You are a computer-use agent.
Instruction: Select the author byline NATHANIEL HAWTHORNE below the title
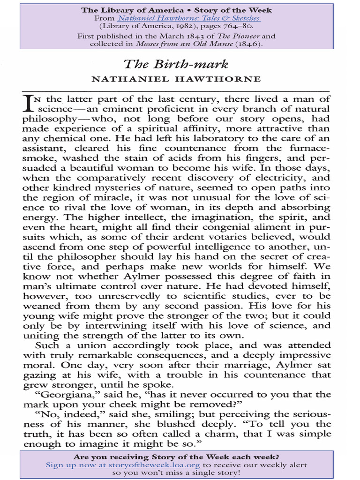[x=176, y=79]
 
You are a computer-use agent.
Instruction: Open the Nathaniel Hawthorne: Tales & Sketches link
[x=188, y=18]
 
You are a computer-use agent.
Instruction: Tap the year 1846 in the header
[x=248, y=44]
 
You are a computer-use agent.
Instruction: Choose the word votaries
[x=217, y=237]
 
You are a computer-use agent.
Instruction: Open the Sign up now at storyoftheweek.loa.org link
[x=123, y=465]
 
